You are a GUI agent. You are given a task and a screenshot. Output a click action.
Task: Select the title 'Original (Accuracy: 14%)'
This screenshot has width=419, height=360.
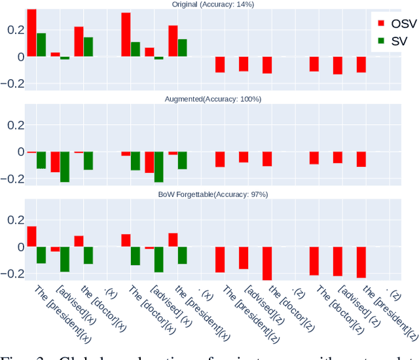click(213, 5)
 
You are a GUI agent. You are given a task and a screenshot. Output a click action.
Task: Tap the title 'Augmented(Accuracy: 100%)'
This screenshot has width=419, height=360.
click(213, 99)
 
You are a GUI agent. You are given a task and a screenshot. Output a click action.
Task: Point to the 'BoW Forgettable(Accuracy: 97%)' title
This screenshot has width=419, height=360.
click(213, 194)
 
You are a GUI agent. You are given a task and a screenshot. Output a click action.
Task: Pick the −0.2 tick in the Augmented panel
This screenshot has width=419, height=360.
click(12, 179)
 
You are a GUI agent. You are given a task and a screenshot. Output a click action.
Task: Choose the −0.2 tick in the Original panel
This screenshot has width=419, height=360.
click(12, 84)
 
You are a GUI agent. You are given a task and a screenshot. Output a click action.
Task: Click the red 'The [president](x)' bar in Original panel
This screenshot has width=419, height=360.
click(31, 33)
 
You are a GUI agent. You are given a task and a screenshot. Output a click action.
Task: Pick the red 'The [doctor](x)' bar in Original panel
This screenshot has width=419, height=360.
click(126, 35)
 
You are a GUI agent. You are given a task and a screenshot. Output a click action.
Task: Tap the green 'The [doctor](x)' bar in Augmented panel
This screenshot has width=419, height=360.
click(136, 161)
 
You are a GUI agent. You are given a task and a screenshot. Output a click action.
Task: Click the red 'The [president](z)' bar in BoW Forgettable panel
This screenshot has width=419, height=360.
click(220, 259)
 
